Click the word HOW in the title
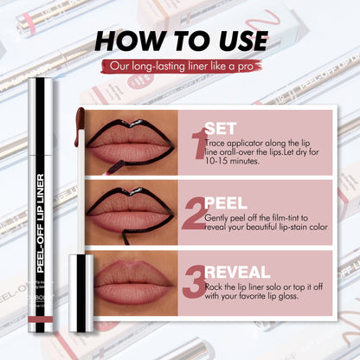(130, 41)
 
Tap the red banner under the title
(180, 67)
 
